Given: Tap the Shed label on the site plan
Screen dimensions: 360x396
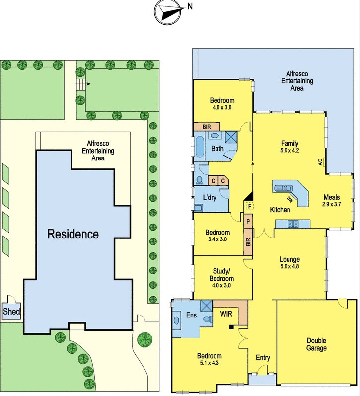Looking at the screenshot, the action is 11,311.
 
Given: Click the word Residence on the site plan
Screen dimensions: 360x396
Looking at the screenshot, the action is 73,234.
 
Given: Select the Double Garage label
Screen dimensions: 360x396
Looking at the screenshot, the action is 316,344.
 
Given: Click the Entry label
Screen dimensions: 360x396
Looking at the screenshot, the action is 263,358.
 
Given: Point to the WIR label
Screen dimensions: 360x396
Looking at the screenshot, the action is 226,314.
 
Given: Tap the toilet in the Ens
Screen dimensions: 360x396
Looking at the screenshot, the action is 207,319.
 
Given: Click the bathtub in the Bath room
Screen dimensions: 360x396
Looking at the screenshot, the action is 200,147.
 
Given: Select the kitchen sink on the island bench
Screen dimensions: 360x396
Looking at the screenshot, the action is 284,188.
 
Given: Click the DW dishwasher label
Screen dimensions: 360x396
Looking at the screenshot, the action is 290,200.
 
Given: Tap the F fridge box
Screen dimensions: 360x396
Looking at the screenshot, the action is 250,206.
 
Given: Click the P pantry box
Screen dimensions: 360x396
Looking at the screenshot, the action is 248,222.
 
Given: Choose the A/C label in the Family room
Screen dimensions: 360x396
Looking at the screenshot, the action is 320,162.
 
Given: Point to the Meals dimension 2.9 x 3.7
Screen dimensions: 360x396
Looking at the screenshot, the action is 332,204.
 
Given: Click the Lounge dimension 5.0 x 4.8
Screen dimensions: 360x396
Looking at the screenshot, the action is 289,266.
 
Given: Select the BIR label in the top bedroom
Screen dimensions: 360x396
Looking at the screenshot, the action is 207,127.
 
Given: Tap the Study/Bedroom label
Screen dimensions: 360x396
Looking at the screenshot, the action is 221,275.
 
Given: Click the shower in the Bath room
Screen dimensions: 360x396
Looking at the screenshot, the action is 231,138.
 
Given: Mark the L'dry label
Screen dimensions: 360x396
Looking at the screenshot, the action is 210,197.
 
